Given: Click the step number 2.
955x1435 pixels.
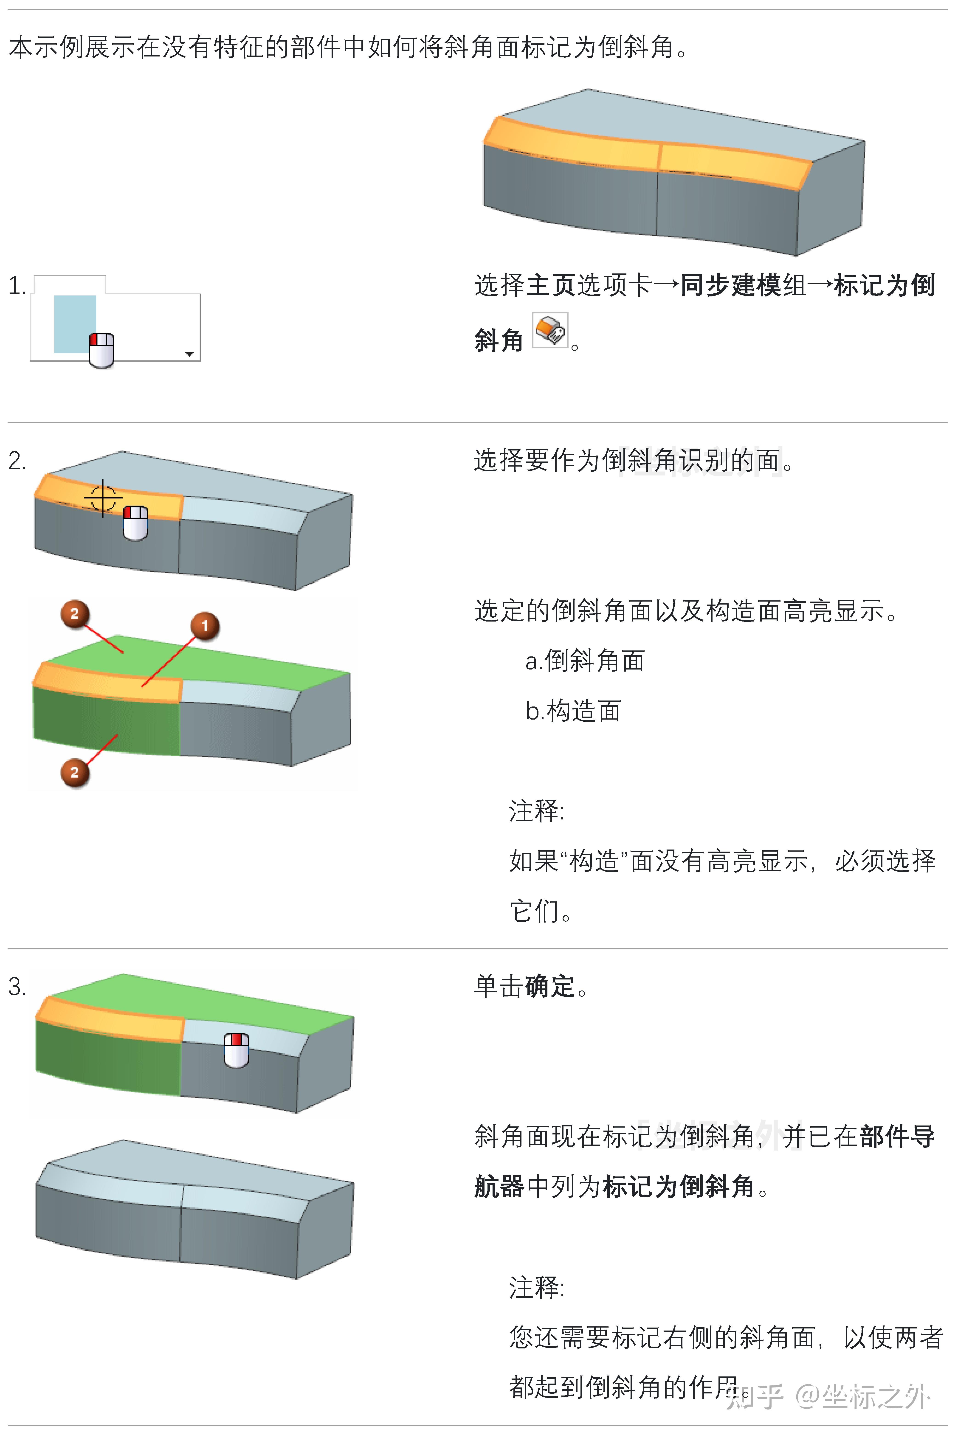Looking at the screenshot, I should pyautogui.click(x=17, y=461).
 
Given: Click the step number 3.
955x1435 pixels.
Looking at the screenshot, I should pyautogui.click(x=17, y=986).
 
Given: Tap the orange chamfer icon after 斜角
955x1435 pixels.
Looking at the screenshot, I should pyautogui.click(x=550, y=331).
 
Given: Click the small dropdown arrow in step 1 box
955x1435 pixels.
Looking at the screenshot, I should pyautogui.click(x=189, y=354).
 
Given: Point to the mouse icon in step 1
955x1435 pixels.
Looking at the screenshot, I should pyautogui.click(x=102, y=350).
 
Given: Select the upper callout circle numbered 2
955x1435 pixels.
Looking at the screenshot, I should pyautogui.click(x=74, y=614).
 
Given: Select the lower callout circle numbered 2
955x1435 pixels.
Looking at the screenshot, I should pyautogui.click(x=74, y=773).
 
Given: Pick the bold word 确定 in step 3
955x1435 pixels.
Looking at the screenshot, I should pyautogui.click(x=550, y=986).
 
